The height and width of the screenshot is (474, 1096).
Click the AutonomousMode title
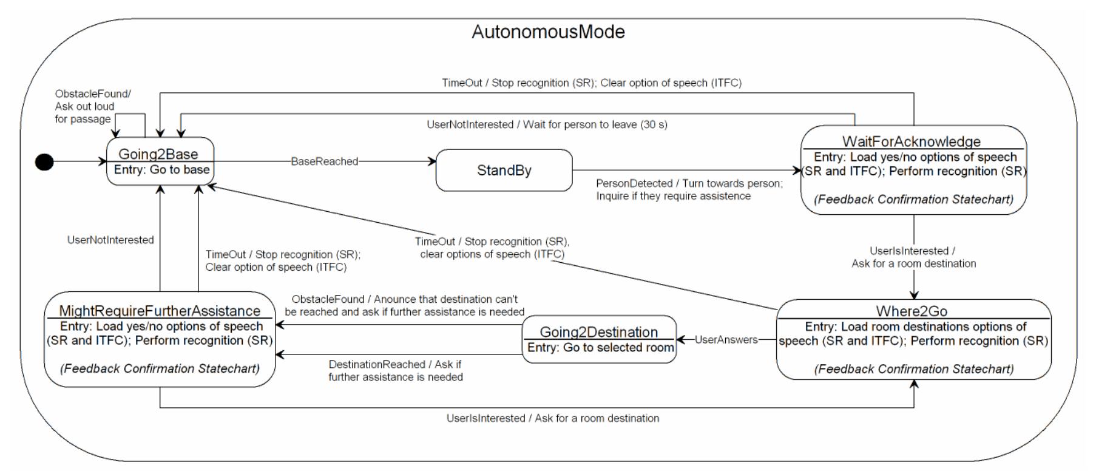click(548, 32)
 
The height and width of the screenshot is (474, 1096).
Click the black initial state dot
click(44, 162)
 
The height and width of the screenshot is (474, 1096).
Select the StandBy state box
click(504, 171)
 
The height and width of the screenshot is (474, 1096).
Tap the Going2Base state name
click(158, 154)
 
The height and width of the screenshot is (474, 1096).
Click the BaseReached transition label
click(324, 161)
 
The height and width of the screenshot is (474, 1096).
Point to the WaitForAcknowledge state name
click(911, 141)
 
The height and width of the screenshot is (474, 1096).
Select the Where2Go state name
click(912, 311)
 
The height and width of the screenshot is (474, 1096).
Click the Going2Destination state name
click(598, 332)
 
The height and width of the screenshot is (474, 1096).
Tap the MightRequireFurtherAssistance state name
click(160, 311)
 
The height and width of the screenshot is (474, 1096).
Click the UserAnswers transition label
click(726, 340)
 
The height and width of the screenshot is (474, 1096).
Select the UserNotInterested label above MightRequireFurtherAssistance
click(110, 240)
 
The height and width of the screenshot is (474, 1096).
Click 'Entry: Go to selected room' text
click(600, 348)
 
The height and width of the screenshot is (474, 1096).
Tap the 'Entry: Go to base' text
click(161, 170)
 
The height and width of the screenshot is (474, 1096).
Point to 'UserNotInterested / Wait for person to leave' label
click(547, 124)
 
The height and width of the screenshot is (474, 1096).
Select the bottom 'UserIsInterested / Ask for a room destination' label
click(552, 418)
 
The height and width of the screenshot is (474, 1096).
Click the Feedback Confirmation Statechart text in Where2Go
click(913, 369)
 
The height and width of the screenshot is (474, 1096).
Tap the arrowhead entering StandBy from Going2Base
click(432, 161)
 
